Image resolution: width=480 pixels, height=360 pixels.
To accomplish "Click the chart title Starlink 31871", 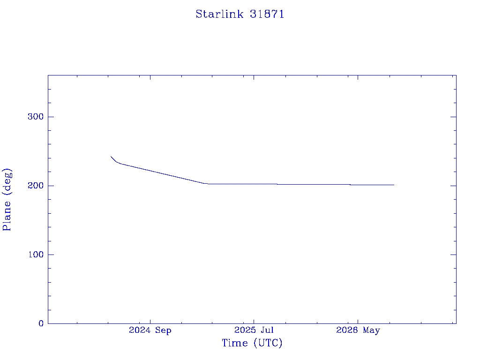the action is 240,14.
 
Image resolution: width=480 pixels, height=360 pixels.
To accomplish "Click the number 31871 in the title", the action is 267,14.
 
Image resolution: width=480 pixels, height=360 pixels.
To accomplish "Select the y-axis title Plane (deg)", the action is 7,199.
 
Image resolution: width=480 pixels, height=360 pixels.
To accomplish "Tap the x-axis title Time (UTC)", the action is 252,343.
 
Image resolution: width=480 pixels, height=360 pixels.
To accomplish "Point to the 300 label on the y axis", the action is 36,117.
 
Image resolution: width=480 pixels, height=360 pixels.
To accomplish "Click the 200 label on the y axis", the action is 36,186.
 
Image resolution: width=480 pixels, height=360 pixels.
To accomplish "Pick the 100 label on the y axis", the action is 36,255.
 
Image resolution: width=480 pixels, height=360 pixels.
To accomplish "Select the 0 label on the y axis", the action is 41,323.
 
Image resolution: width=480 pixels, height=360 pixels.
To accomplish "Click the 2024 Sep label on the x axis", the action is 150,330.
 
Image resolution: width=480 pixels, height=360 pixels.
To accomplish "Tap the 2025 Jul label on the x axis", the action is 254,330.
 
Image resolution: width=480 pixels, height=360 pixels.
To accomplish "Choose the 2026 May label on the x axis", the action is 358,330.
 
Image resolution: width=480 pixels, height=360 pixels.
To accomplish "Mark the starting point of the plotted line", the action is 111,156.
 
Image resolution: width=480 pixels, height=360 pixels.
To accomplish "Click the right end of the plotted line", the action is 394,185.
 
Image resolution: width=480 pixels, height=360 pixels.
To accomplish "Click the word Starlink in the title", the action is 219,14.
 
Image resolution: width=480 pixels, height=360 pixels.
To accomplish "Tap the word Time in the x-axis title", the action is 235,343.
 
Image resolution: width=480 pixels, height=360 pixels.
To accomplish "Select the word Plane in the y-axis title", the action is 7,216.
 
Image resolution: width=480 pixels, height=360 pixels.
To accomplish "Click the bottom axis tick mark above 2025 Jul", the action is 254,321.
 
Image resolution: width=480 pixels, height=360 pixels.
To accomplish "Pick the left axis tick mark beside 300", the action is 51,117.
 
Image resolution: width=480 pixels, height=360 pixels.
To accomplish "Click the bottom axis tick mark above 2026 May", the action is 358,321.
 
